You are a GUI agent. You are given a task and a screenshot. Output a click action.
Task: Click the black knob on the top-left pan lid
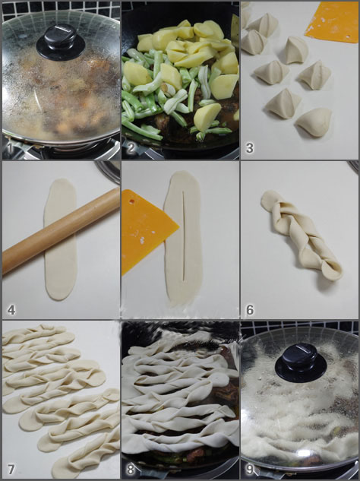pyautogui.click(x=60, y=42)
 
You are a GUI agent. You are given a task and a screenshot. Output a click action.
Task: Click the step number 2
pyautogui.click(x=131, y=148)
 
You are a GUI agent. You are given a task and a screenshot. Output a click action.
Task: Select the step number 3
pyautogui.click(x=249, y=148)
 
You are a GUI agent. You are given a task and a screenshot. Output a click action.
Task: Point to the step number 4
pyautogui.click(x=11, y=309)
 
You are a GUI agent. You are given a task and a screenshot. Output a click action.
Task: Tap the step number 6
pyautogui.click(x=249, y=309)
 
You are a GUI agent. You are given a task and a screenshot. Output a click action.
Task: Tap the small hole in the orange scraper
pyautogui.click(x=135, y=201)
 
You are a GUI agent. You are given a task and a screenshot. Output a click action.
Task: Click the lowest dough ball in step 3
pyautogui.click(x=314, y=121)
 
